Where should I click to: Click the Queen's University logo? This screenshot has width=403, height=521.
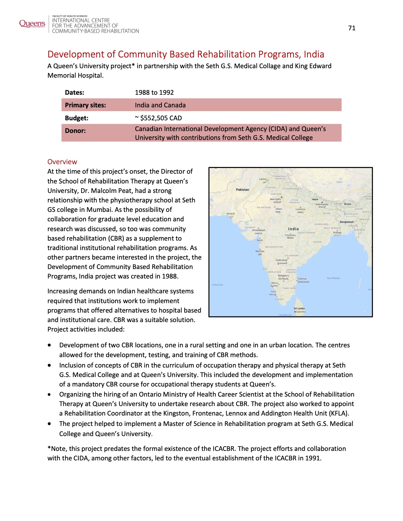point(32,24)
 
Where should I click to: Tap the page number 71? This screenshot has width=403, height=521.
point(352,28)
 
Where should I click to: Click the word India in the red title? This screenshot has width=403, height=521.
point(314,54)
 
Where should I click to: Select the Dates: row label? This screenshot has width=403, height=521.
point(75,93)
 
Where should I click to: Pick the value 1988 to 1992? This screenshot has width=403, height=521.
point(154,93)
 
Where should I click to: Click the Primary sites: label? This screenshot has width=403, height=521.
point(85,105)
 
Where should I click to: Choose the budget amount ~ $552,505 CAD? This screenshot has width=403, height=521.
point(158,118)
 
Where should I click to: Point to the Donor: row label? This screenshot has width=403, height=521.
point(75,131)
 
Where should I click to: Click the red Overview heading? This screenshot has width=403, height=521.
point(62,162)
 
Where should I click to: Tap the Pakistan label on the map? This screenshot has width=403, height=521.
point(242,189)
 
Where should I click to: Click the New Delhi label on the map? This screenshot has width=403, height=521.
point(275,199)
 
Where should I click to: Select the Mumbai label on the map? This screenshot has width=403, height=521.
point(260,251)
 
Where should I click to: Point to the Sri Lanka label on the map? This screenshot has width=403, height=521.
point(299,308)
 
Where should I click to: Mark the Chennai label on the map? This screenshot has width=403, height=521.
point(302,279)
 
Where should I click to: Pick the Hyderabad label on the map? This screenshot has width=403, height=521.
point(281,260)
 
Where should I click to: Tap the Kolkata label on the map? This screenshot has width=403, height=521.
point(337,233)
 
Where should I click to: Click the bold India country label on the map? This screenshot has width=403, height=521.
point(293,229)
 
